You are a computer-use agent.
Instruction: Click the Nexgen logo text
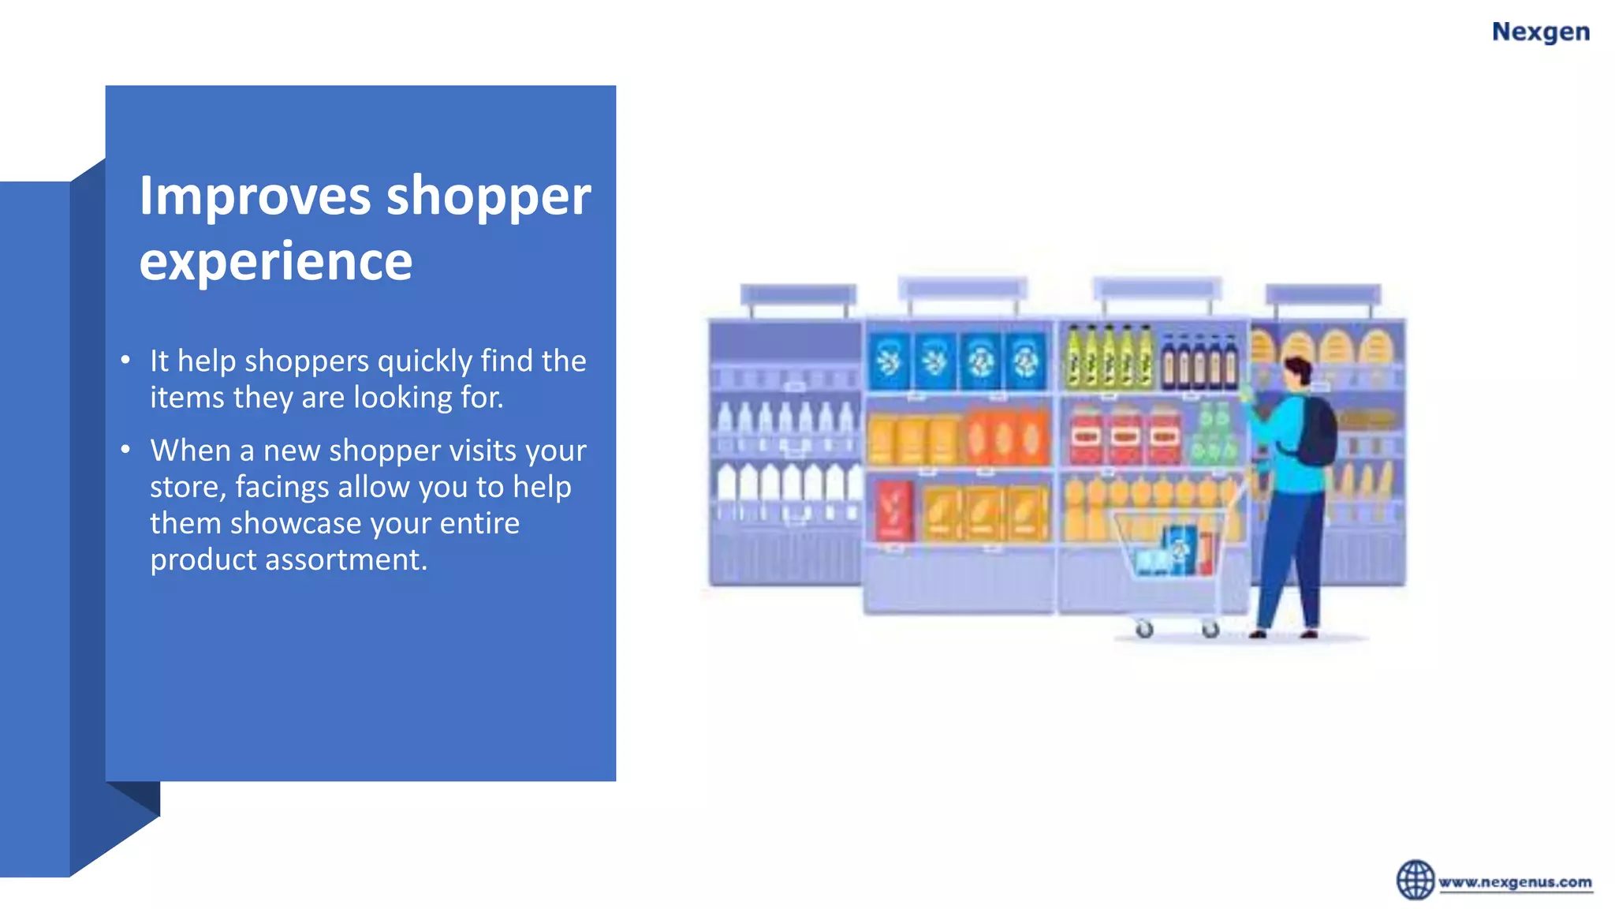[x=1540, y=32]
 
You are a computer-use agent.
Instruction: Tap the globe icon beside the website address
[x=1415, y=880]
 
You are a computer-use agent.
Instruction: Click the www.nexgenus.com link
[x=1515, y=882]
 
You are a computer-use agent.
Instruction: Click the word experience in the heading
[x=275, y=261]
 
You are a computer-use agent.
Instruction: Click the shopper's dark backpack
[x=1314, y=432]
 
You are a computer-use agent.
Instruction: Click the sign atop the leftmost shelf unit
[x=797, y=295]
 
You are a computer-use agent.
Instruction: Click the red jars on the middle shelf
[x=1125, y=435]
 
